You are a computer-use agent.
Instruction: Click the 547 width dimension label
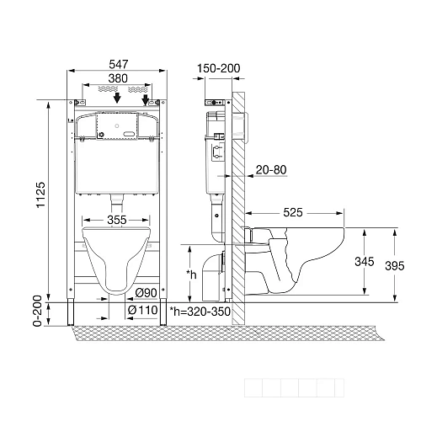(119, 64)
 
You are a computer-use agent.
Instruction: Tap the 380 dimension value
(118, 78)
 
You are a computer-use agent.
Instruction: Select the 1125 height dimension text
(40, 195)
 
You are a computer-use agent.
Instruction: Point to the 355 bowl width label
(117, 220)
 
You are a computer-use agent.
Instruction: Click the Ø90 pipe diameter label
(146, 293)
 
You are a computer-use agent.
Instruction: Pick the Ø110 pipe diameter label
(142, 310)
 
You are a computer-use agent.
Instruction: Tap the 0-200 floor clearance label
(37, 311)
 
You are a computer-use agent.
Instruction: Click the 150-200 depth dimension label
(219, 68)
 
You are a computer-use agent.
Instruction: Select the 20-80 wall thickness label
(271, 170)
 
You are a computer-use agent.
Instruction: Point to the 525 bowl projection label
(293, 212)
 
